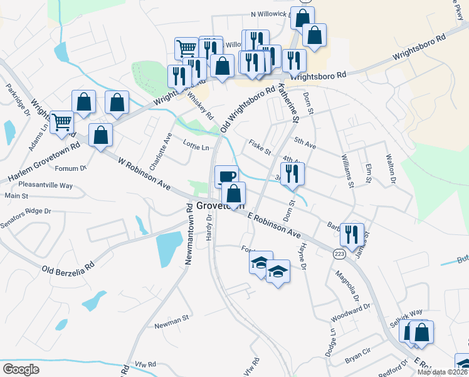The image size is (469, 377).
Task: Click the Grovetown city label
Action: click(219, 206)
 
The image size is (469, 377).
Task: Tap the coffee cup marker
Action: click(226, 175)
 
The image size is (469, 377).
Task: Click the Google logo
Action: click(21, 369)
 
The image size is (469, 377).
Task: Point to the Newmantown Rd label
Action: click(188, 233)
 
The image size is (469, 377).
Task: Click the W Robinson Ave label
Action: click(144, 173)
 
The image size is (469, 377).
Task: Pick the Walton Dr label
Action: click(391, 168)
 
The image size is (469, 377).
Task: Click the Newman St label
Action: click(172, 321)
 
